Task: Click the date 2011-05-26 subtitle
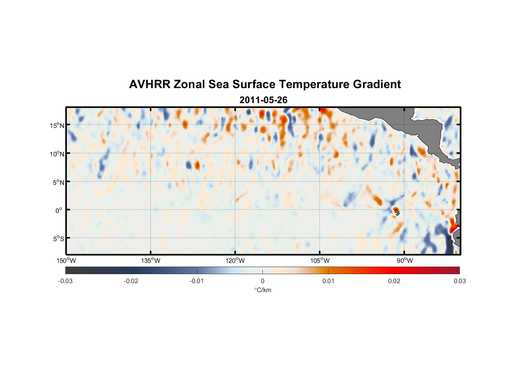[263, 100]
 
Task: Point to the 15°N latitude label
[57, 125]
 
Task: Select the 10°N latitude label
[57, 154]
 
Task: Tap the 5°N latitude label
[58, 182]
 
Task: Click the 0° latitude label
[59, 210]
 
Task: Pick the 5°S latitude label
[58, 239]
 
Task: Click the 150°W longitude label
[66, 261]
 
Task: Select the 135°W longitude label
[151, 261]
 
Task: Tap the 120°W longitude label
[235, 261]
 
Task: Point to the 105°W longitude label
[320, 261]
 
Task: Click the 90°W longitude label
[405, 261]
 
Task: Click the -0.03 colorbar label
[65, 281]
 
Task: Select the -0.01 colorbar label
[197, 281]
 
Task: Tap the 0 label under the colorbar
[262, 281]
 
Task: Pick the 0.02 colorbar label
[394, 281]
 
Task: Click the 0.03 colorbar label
[459, 281]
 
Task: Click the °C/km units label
[262, 290]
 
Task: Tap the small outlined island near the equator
[397, 212]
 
